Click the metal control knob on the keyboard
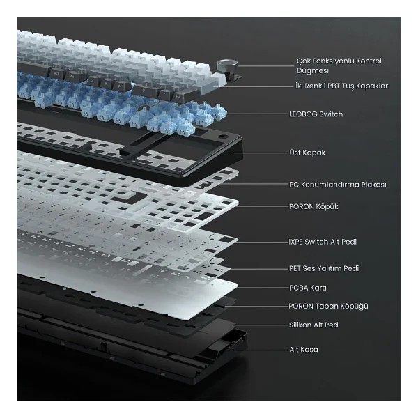click(x=227, y=65)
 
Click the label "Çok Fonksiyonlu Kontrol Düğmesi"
click(x=339, y=65)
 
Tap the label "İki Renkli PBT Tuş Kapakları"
click(x=343, y=86)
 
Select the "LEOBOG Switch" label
click(x=316, y=114)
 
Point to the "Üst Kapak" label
click(x=307, y=153)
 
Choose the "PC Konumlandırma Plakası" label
click(x=338, y=185)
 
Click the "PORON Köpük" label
click(x=313, y=207)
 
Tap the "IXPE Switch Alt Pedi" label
click(x=323, y=242)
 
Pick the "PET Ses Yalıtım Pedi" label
click(x=324, y=268)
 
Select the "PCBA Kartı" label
click(x=308, y=288)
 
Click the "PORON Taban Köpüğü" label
click(x=328, y=306)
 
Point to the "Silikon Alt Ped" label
click(x=313, y=325)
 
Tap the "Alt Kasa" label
click(x=304, y=350)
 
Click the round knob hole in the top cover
click(x=224, y=137)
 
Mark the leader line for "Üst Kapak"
click(x=261, y=153)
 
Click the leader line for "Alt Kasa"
click(x=261, y=350)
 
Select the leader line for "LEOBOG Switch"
click(x=258, y=114)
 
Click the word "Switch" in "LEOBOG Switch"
click(x=331, y=114)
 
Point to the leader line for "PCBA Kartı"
click(x=263, y=288)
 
